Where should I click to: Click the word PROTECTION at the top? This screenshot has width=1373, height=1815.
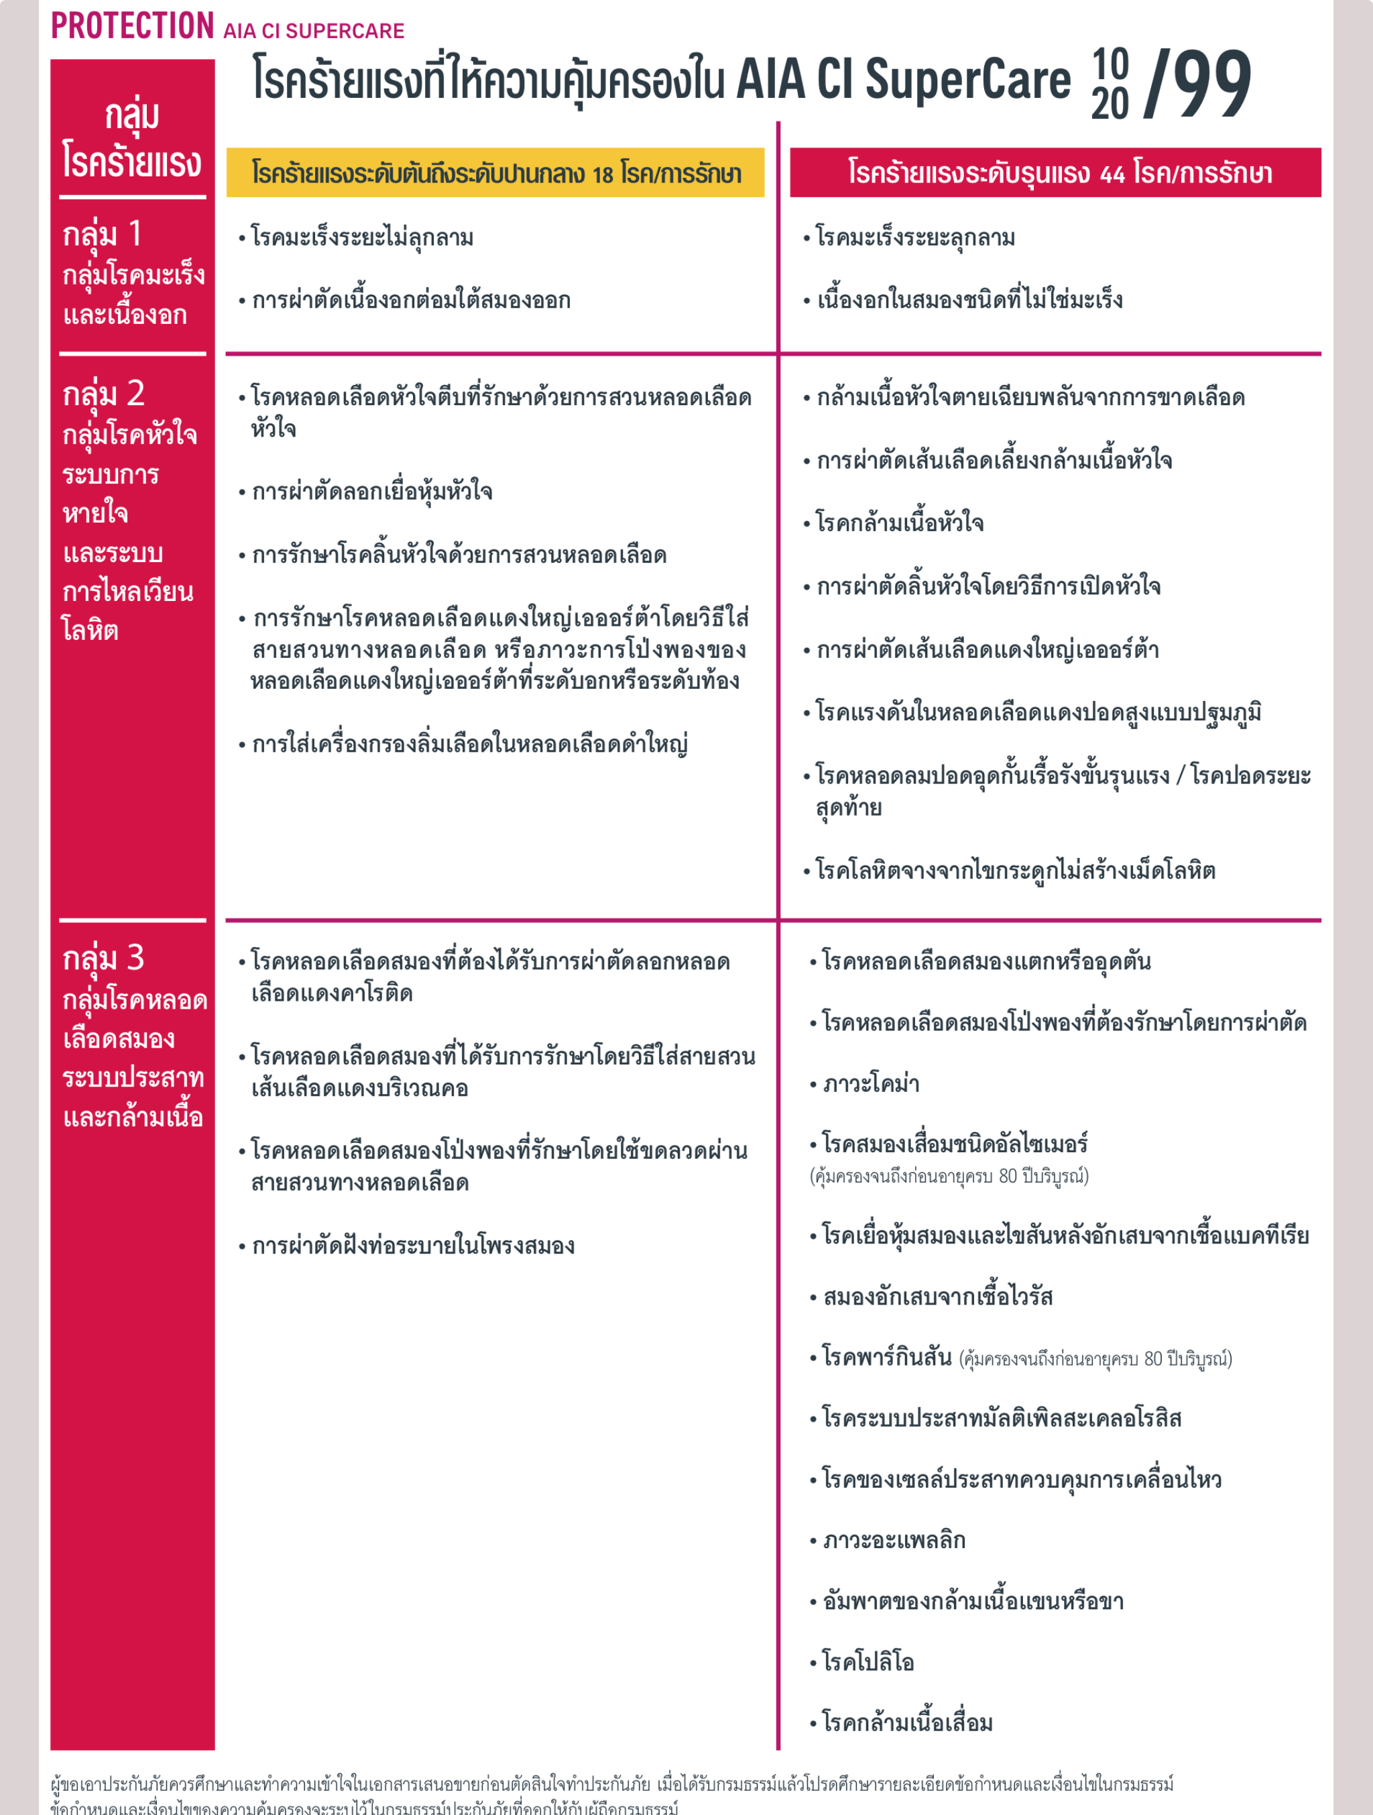[x=132, y=26]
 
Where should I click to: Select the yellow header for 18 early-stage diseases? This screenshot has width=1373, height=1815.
[x=495, y=173]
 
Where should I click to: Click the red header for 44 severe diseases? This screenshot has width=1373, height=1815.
[x=1055, y=173]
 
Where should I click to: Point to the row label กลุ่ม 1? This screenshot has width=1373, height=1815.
[x=103, y=235]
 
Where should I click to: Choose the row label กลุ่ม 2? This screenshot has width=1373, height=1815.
[x=103, y=394]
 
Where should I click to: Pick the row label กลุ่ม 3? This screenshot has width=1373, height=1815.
[x=103, y=958]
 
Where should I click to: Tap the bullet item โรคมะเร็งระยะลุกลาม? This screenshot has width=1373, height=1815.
[x=914, y=238]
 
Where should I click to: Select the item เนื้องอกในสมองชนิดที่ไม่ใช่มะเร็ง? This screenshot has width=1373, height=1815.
[x=969, y=300]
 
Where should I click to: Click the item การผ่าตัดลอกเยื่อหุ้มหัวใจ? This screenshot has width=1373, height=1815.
[x=371, y=492]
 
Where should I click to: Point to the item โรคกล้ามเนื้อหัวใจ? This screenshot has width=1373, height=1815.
[x=899, y=522]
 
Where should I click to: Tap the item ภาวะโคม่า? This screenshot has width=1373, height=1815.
[x=870, y=1084]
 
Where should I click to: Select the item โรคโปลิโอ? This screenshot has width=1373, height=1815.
[x=867, y=1661]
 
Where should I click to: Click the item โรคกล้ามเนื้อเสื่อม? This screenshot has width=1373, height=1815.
[x=906, y=1722]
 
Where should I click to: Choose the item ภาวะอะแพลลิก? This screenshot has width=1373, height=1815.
[x=893, y=1540]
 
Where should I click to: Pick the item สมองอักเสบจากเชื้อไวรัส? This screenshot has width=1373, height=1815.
[x=937, y=1297]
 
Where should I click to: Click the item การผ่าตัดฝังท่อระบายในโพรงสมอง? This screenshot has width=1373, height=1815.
[x=412, y=1246]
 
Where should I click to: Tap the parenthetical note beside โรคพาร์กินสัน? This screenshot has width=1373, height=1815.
[x=1095, y=1359]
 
